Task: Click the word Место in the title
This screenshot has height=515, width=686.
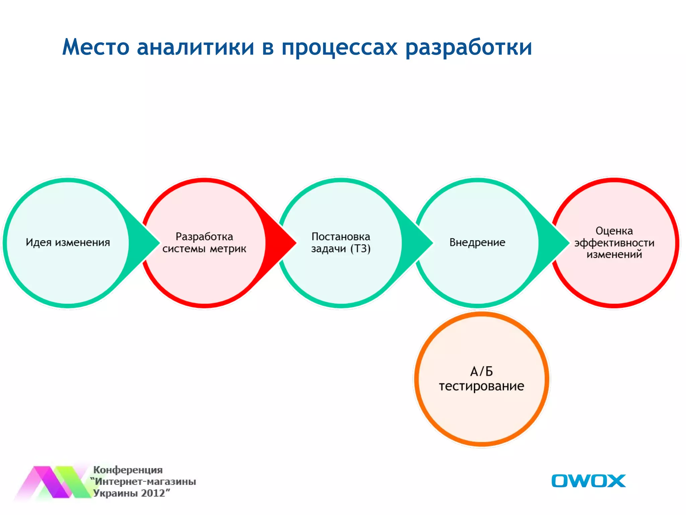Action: (x=96, y=47)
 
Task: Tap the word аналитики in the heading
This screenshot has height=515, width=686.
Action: (x=196, y=47)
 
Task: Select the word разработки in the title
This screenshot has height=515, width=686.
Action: (x=469, y=48)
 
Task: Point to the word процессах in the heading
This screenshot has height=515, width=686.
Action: (x=339, y=48)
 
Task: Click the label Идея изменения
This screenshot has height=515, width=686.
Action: (x=68, y=242)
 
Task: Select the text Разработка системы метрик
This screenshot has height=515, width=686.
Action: (x=204, y=242)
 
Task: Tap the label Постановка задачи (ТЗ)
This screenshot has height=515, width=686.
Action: (x=341, y=242)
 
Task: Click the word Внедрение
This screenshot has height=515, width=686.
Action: (x=477, y=242)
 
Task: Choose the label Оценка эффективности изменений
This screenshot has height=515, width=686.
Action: (x=614, y=242)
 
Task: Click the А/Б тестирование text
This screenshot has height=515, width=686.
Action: (x=481, y=379)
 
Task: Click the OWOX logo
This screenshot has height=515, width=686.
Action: (x=588, y=481)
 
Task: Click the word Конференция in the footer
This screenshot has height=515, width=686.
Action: (x=128, y=470)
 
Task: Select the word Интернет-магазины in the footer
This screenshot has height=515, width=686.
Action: (x=145, y=481)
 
